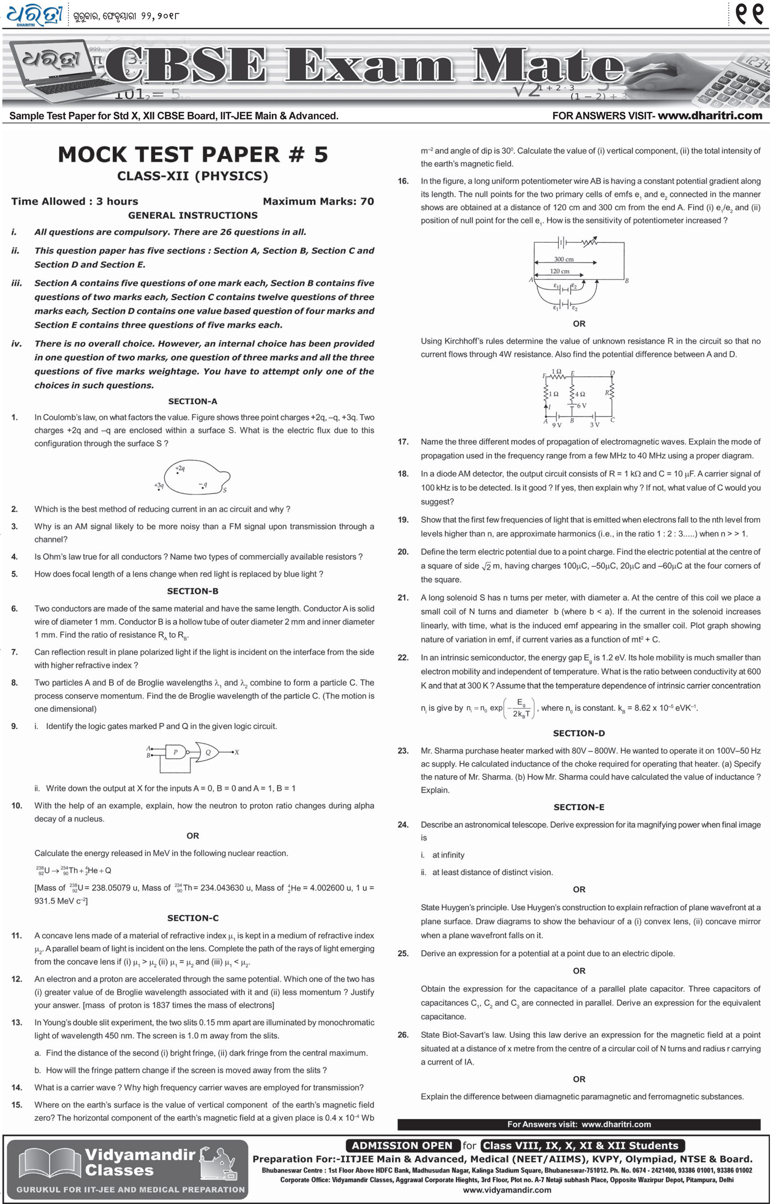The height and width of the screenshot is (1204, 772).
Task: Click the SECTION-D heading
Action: pos(578,733)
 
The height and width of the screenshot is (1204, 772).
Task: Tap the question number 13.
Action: pos(16,1022)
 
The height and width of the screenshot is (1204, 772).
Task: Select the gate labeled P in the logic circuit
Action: pos(175,752)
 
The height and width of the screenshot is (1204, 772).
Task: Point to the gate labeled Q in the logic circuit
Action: pos(208,752)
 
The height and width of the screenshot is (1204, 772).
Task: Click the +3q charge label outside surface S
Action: pos(159,485)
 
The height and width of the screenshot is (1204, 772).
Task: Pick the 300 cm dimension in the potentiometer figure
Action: pos(564,259)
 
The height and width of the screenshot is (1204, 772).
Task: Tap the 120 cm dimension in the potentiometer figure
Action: pos(559,271)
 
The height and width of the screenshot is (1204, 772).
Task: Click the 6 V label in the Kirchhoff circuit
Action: pos(581,406)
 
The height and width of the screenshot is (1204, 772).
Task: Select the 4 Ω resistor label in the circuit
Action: pos(580,394)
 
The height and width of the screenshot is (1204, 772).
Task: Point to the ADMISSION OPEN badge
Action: pos(402,1145)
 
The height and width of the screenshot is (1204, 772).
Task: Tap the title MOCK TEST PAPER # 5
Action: pos(192,154)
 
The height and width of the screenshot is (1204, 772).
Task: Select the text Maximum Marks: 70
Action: pos(318,201)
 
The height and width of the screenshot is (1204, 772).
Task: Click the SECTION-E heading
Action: pos(578,807)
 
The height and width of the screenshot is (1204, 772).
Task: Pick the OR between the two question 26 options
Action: pos(578,1079)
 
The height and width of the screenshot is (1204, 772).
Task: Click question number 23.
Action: pos(403,751)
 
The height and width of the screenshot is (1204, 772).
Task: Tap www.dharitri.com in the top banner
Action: pos(710,116)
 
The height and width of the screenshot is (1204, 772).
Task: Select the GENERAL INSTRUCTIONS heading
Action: pos(192,215)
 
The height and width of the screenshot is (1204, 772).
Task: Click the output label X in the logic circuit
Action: pos(237,752)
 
